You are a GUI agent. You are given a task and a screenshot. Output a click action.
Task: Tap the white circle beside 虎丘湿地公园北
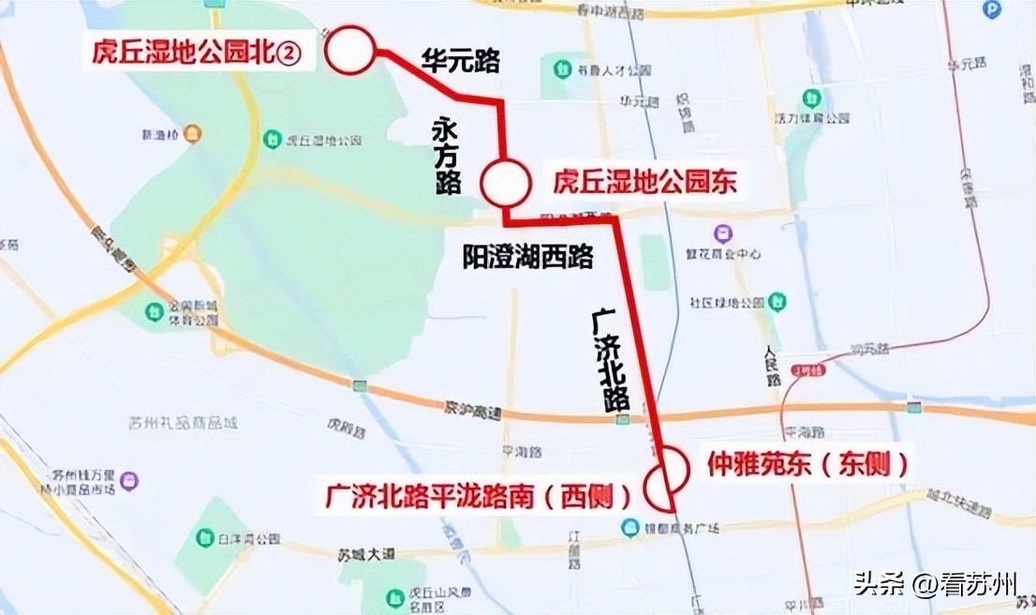click(x=351, y=51)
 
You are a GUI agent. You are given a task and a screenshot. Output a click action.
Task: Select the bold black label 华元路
click(x=461, y=63)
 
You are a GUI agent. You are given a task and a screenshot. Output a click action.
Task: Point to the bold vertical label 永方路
click(x=448, y=155)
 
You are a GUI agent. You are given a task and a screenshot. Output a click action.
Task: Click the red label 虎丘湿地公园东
click(x=644, y=182)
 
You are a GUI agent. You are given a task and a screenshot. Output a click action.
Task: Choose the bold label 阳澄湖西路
click(x=528, y=257)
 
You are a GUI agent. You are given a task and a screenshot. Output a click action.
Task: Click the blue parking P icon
click(x=992, y=8)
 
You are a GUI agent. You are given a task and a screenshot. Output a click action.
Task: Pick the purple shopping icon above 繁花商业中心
click(x=723, y=232)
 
